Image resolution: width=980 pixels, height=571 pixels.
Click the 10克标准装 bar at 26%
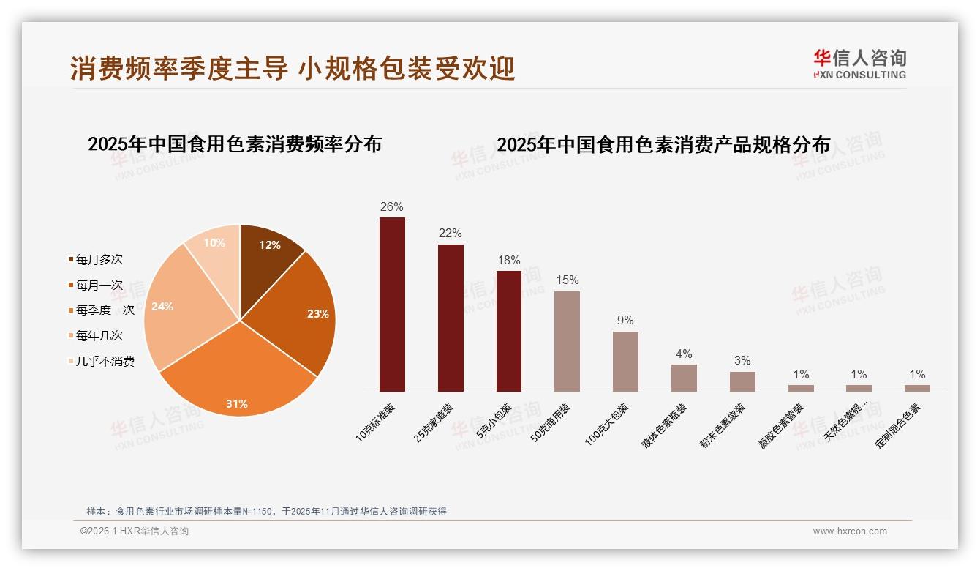pyautogui.click(x=392, y=304)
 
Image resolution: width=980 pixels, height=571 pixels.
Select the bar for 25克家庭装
pyautogui.click(x=451, y=318)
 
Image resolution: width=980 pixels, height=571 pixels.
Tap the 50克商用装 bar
pyautogui.click(x=567, y=341)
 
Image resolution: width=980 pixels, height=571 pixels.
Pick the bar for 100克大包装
pyautogui.click(x=625, y=361)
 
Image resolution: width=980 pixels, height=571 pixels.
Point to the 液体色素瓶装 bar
pyautogui.click(x=684, y=378)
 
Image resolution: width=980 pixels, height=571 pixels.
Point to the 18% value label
pyautogui.click(x=508, y=261)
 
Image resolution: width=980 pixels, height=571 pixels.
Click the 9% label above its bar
pyautogui.click(x=625, y=321)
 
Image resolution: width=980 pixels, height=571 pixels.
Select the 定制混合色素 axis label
pyautogui.click(x=899, y=426)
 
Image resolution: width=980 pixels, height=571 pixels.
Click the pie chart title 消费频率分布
pyautogui.click(x=235, y=144)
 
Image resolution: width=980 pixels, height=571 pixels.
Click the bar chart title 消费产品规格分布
pyautogui.click(x=663, y=145)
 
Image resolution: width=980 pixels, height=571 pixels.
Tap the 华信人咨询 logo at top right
pyautogui.click(x=859, y=64)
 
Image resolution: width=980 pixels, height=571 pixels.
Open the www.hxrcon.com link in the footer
pyautogui.click(x=850, y=531)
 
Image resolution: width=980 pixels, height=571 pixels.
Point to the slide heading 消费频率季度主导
pyautogui.click(x=293, y=68)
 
